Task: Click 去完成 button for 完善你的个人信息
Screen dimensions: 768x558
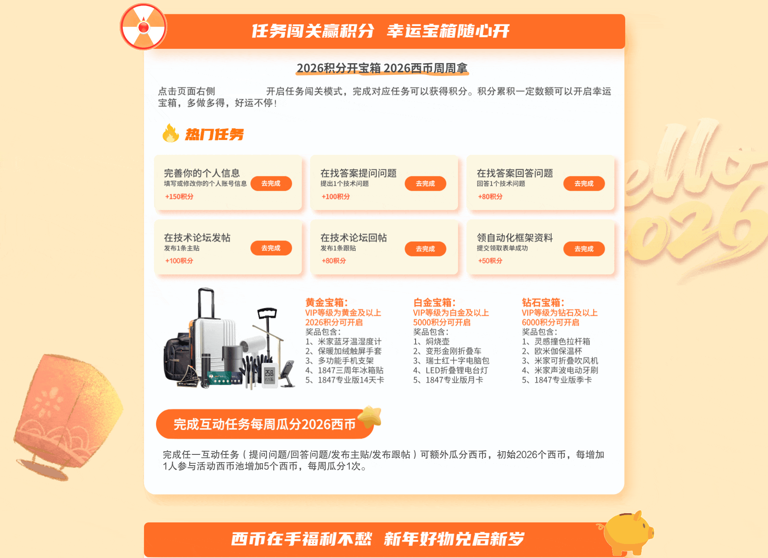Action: click(x=271, y=184)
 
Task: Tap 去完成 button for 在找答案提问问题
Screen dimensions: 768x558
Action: click(x=425, y=184)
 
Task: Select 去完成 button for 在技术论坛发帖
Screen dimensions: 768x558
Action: click(x=271, y=248)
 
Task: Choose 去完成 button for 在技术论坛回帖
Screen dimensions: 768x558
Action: click(x=425, y=249)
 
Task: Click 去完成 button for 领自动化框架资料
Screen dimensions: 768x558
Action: click(x=584, y=249)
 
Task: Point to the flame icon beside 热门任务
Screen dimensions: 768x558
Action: click(x=171, y=133)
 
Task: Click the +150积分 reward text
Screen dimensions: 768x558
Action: click(x=179, y=196)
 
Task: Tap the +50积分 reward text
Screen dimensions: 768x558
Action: click(x=490, y=261)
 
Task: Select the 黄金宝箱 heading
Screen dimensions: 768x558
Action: click(x=326, y=302)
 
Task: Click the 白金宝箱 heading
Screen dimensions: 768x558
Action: click(x=434, y=302)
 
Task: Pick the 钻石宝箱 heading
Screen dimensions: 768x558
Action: click(x=543, y=302)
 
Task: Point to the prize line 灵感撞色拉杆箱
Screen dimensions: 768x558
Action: click(x=556, y=342)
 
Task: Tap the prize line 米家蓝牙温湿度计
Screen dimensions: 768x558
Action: click(x=343, y=342)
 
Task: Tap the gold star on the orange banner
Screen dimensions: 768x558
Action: click(x=370, y=417)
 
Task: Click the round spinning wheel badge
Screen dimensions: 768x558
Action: click(x=144, y=27)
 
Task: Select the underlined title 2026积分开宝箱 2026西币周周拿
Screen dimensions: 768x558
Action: click(x=382, y=68)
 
